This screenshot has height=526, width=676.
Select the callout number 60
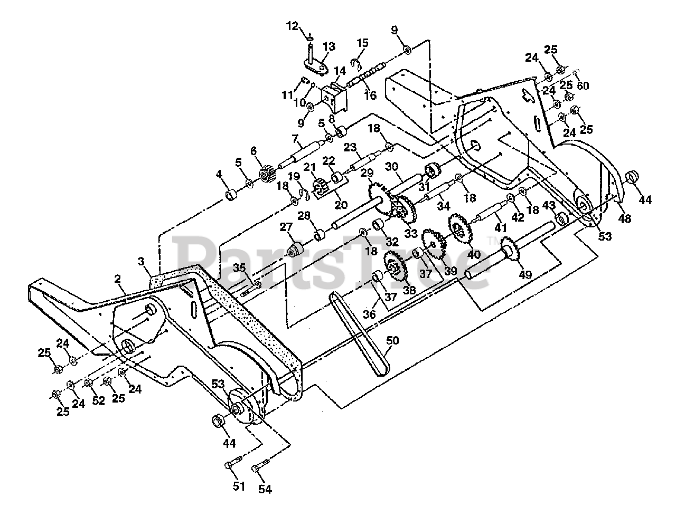583,86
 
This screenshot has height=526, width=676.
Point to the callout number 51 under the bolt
239,486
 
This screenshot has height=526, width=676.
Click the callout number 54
265,489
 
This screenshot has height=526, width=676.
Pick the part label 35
239,267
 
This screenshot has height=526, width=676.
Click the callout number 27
286,227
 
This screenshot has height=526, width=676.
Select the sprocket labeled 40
460,228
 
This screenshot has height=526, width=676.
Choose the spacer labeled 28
320,234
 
